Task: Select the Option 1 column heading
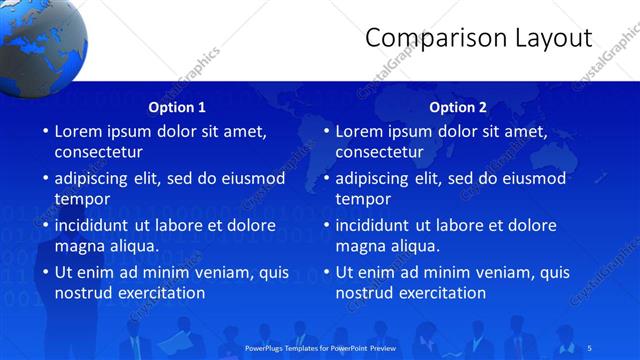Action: tap(177, 107)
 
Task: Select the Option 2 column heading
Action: tap(458, 107)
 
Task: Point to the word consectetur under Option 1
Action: tap(98, 152)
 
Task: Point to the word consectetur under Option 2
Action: tap(379, 152)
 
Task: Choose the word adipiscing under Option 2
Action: tap(372, 178)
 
